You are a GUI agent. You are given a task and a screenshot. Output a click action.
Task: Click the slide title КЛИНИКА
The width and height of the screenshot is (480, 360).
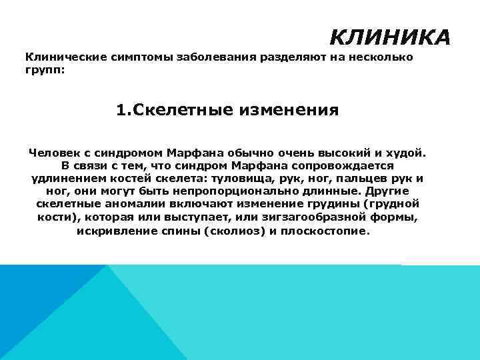(x=390, y=37)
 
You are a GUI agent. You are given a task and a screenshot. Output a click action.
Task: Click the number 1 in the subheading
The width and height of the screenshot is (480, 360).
(x=121, y=109)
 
